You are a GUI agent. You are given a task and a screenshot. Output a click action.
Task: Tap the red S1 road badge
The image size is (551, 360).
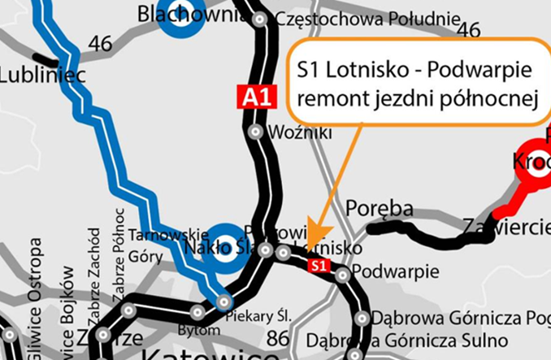(319, 265)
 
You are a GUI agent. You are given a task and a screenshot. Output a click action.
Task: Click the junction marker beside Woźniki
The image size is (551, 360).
(256, 131)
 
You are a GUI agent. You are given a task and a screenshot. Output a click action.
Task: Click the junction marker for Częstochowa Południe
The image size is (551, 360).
(259, 19)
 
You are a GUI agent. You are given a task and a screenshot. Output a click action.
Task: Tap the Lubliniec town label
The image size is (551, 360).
(30, 75)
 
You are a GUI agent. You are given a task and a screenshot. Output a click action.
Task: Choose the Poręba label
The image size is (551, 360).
(380, 208)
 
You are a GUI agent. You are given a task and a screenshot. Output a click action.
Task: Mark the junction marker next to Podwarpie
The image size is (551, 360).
(343, 275)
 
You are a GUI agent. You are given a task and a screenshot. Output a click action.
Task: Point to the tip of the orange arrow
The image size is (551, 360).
(310, 245)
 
